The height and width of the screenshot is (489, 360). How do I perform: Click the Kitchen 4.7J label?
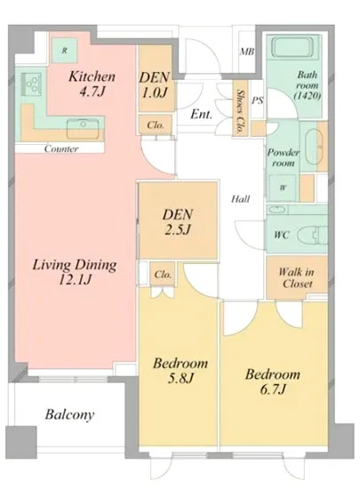click(92, 84)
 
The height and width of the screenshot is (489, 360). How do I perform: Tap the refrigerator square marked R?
click(65, 50)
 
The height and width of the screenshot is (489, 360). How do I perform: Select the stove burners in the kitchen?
click(31, 84)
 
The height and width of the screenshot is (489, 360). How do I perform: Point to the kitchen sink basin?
click(83, 128)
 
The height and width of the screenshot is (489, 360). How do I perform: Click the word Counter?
click(61, 148)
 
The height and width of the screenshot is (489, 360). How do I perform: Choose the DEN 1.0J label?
click(155, 84)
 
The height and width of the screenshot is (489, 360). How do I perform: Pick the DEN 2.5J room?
click(178, 221)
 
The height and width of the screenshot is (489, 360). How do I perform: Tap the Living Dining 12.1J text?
click(75, 272)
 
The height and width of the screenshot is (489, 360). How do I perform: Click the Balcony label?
click(69, 415)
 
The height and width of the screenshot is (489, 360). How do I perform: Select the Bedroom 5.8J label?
click(180, 371)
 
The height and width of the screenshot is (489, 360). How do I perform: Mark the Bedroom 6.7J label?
click(273, 381)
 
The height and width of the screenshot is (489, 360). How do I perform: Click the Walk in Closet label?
click(296, 277)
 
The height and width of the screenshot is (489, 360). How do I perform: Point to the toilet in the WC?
click(312, 235)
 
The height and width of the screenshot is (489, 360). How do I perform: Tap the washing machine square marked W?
click(283, 188)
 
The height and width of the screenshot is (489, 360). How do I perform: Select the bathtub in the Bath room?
click(292, 47)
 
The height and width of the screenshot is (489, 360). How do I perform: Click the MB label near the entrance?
click(247, 52)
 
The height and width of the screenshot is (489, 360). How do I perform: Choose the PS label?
click(258, 100)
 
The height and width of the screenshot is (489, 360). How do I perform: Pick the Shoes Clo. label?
click(240, 112)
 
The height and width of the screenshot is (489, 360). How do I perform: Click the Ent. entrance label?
click(202, 114)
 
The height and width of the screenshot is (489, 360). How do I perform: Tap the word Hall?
click(241, 198)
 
